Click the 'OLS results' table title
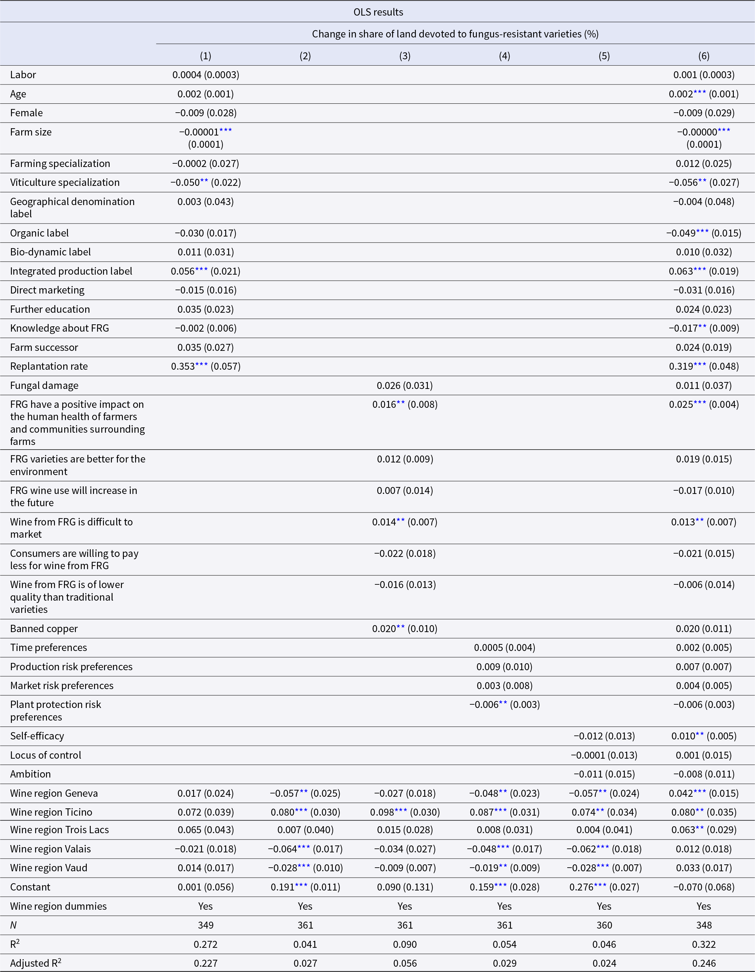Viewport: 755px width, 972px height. click(x=378, y=12)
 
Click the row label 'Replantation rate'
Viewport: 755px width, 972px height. click(x=49, y=366)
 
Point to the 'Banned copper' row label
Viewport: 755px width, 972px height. click(x=44, y=628)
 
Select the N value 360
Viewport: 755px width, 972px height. click(x=604, y=925)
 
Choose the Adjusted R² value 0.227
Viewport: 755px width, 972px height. click(x=206, y=963)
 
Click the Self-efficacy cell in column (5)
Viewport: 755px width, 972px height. click(x=604, y=736)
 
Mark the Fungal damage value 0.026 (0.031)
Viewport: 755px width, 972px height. click(x=405, y=385)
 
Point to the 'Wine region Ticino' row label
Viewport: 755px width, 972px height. click(x=51, y=812)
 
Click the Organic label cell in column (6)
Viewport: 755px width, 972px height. click(x=704, y=233)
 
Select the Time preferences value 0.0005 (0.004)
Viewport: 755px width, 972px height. click(x=505, y=648)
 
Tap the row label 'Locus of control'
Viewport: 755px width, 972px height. click(x=46, y=755)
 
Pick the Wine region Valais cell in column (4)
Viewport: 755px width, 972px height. click(x=505, y=849)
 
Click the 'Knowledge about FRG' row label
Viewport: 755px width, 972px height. click(x=60, y=328)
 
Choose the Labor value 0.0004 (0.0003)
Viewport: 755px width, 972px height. click(x=206, y=75)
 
